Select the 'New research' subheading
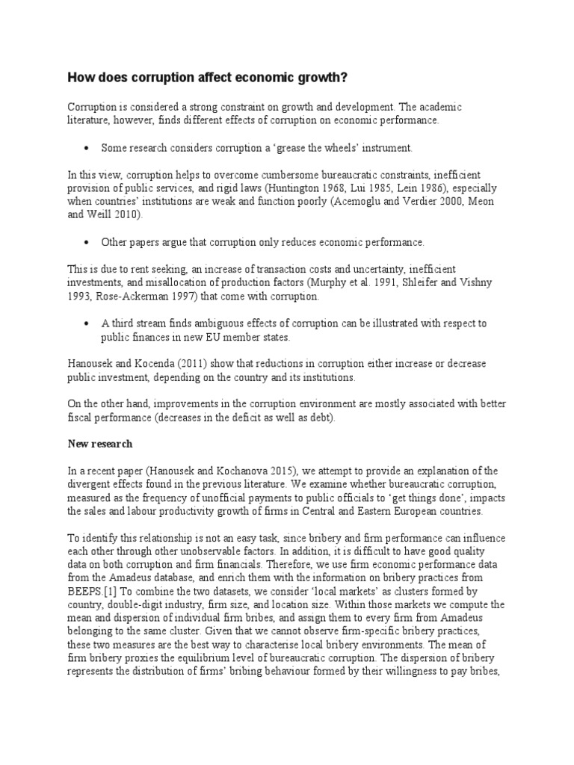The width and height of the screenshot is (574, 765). (x=101, y=444)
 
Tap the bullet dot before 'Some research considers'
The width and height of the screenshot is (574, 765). (x=87, y=148)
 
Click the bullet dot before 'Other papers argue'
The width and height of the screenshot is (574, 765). (x=87, y=243)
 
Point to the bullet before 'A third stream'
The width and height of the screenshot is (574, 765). (x=87, y=323)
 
